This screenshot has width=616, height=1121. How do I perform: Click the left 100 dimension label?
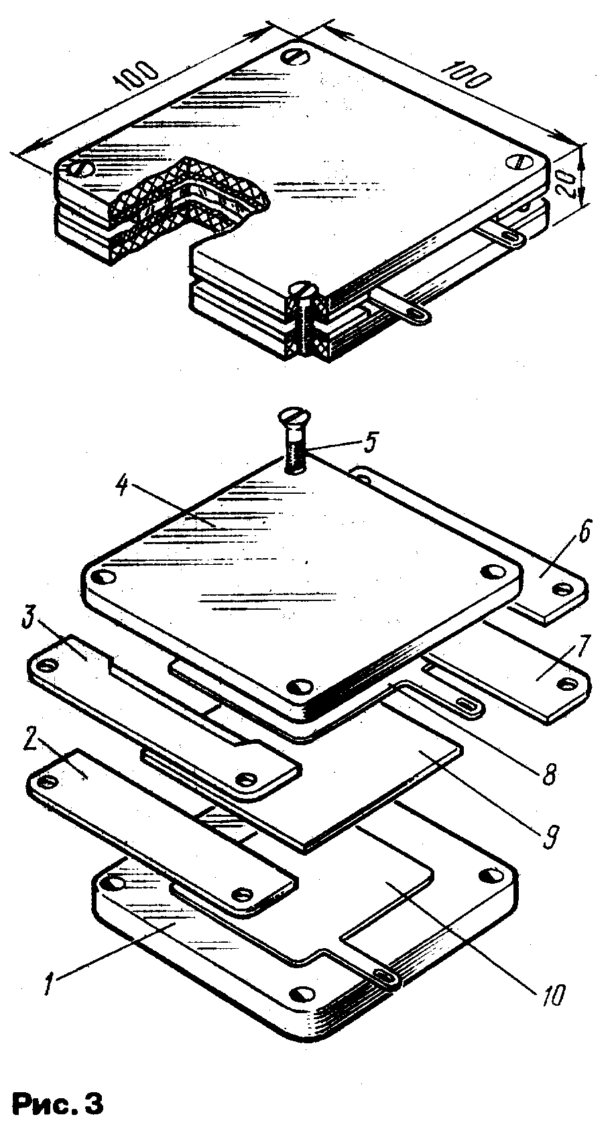[135, 75]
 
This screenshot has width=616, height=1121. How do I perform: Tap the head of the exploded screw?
[295, 415]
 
